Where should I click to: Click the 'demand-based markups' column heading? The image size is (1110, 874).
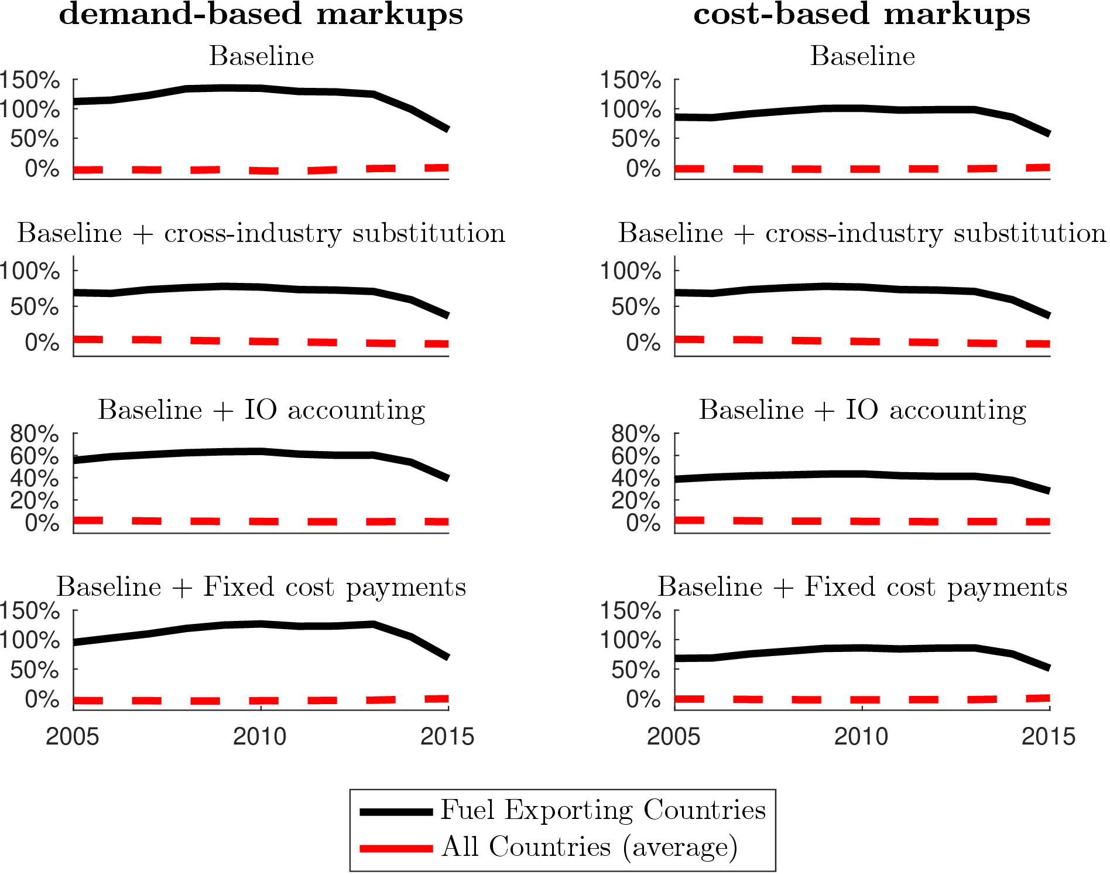261,14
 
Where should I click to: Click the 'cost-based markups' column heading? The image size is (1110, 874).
862,14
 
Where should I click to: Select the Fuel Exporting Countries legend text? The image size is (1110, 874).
603,811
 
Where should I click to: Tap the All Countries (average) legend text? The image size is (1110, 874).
590,847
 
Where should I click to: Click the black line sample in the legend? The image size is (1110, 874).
396,811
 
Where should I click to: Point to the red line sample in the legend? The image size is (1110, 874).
396,848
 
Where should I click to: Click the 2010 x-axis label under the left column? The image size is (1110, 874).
260,736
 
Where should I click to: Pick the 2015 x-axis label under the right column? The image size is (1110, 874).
1049,736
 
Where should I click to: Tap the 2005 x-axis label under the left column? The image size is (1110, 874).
73,736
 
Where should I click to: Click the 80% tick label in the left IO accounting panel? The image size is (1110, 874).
35,434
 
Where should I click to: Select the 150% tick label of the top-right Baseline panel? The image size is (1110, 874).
631,80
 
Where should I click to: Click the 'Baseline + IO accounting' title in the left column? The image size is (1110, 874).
261,410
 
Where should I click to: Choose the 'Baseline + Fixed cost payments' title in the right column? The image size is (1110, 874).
862,587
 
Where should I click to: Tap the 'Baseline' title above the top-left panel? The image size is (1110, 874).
262,56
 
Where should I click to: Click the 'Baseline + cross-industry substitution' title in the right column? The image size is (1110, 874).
862,233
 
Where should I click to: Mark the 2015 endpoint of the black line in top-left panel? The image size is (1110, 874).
448,129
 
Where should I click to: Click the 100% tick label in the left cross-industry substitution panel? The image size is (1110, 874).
29,271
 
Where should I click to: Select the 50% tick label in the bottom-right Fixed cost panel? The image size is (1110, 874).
636,670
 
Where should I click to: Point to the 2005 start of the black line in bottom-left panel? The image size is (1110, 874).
74,643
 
